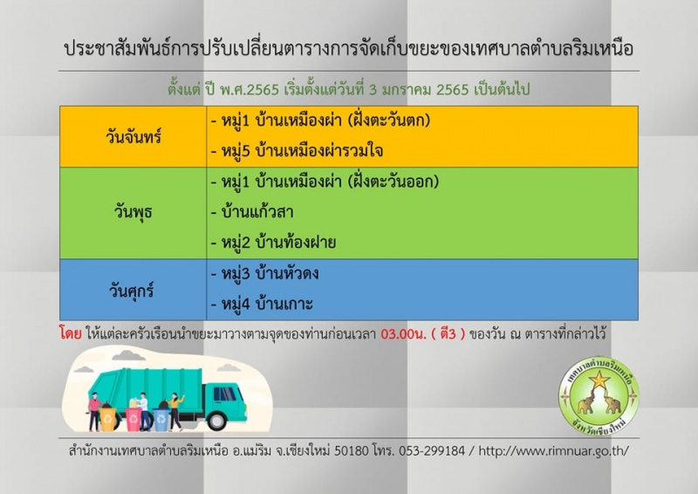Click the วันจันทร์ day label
click(133, 136)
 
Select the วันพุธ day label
click(133, 211)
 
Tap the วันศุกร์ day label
click(132, 291)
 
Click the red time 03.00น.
click(403, 333)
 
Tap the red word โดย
click(71, 333)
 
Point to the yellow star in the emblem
click(599, 380)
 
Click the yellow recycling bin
click(108, 419)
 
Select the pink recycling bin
click(134, 420)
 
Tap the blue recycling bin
click(161, 420)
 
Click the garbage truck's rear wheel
click(217, 420)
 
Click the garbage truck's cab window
click(224, 394)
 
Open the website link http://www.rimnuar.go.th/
click(553, 450)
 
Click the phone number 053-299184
click(432, 450)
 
